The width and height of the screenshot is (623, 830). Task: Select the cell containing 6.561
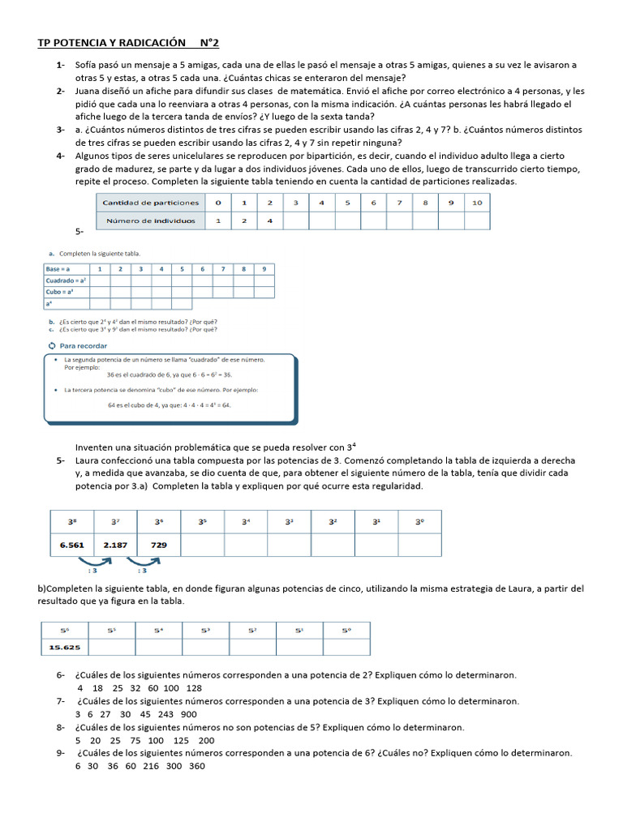pos(72,545)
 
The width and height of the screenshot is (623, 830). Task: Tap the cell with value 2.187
pos(114,545)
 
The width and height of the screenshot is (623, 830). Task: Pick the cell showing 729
pos(159,545)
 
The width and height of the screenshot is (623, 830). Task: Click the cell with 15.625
pos(64,646)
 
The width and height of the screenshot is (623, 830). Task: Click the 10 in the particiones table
pos(476,202)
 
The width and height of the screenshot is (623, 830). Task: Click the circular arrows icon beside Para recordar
pos(52,345)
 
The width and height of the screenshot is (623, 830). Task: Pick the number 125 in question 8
pos(180,740)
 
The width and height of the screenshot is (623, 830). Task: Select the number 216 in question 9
pos(149,766)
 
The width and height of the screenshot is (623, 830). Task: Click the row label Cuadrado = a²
pos(66,280)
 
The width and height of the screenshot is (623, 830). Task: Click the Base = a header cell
pos(58,268)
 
